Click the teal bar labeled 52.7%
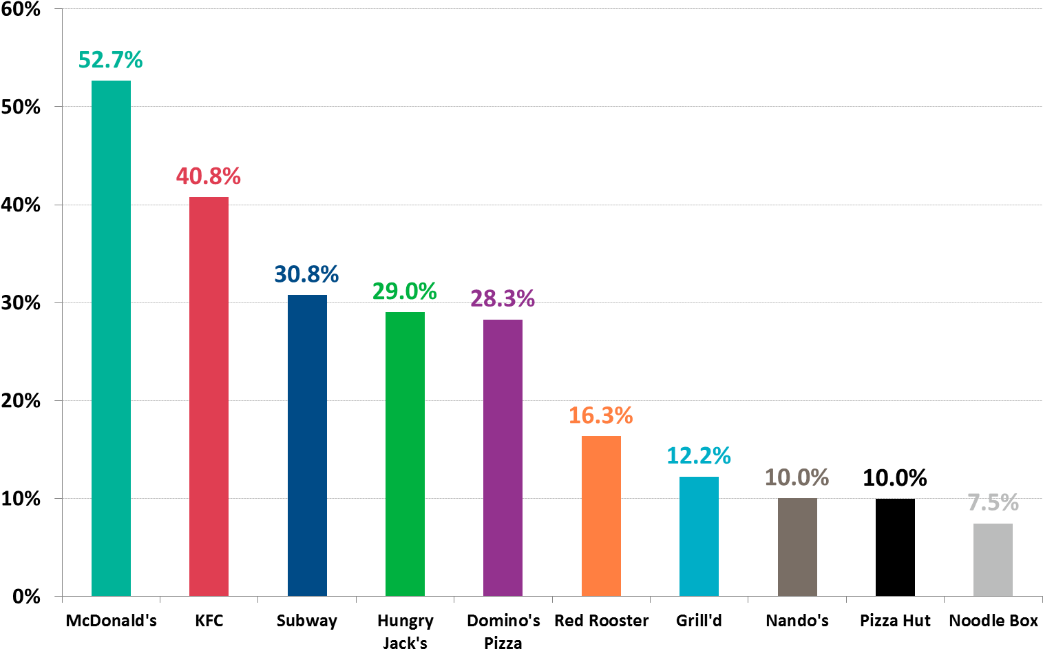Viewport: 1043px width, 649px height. (111, 338)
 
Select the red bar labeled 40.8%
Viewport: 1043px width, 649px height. (209, 396)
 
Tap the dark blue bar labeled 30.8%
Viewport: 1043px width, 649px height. (307, 445)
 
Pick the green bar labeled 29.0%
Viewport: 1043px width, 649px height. (405, 454)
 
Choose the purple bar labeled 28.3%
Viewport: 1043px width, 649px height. (503, 457)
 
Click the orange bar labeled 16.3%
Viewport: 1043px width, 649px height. (601, 516)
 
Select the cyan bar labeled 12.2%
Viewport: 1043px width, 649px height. (699, 536)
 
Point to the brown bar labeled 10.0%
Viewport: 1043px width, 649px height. (797, 547)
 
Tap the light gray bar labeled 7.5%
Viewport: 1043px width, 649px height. (993, 559)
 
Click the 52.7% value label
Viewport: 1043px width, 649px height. (111, 61)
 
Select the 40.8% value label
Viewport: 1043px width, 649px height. (209, 177)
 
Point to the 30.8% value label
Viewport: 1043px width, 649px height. (307, 275)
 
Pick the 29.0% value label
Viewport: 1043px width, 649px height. (405, 292)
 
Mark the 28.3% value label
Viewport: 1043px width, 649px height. (503, 299)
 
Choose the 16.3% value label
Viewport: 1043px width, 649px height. (601, 416)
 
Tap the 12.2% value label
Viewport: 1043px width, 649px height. (699, 456)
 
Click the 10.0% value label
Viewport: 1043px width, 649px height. (797, 478)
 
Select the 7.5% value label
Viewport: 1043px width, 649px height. (993, 504)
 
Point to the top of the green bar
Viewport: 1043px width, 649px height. (405, 313)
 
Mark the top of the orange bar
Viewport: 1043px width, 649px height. (601, 437)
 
